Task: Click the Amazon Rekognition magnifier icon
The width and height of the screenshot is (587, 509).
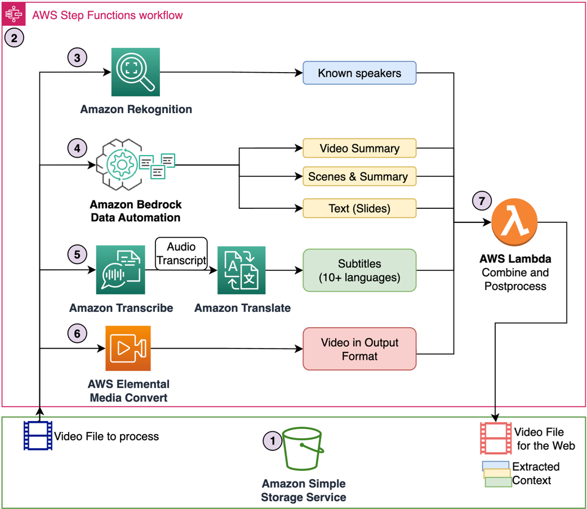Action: [x=136, y=72]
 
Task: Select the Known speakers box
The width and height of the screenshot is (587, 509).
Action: [x=359, y=73]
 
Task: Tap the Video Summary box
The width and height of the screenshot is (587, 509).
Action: [x=359, y=149]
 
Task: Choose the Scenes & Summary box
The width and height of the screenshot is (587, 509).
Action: [x=359, y=177]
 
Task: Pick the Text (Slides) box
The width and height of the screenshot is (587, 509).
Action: [x=359, y=208]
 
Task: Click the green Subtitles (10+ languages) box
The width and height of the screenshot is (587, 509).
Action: [x=359, y=270]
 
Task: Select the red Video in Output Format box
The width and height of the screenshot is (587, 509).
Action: [x=359, y=349]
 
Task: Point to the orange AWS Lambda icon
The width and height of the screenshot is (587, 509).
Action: [x=514, y=222]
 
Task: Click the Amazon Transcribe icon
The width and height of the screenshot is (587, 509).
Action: [x=121, y=270]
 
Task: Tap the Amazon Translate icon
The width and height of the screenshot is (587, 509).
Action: [x=241, y=270]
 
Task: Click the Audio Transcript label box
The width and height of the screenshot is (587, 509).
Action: [x=181, y=254]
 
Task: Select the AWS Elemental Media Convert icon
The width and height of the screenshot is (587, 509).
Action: [x=128, y=349]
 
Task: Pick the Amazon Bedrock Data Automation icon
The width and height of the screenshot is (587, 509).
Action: [x=135, y=164]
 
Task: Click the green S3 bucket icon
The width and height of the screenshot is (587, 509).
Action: [x=303, y=449]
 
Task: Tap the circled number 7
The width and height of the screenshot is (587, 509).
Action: [x=482, y=201]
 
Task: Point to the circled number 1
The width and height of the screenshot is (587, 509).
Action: [x=273, y=440]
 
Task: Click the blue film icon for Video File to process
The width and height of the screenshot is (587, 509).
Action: [x=38, y=436]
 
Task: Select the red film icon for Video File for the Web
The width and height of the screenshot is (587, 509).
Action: [x=496, y=439]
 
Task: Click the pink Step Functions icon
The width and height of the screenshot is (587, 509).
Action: [x=14, y=14]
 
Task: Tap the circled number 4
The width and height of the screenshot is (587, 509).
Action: [x=77, y=149]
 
